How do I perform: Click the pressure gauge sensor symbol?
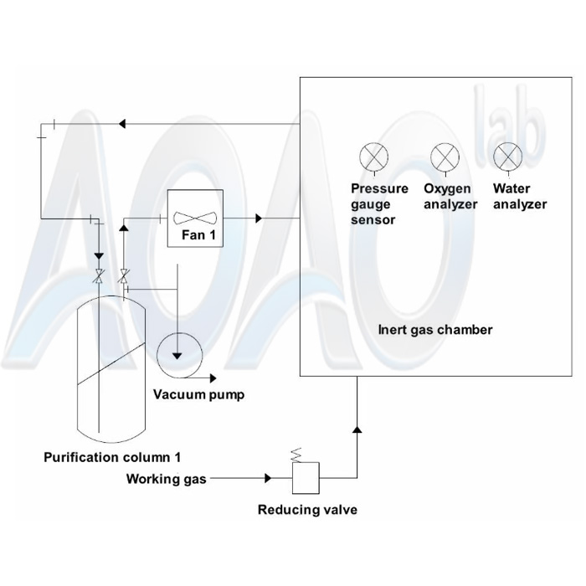click(372, 156)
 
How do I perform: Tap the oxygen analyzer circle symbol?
click(443, 156)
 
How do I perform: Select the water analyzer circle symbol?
click(506, 156)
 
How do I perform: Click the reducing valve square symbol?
click(301, 480)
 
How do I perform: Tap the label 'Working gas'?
click(166, 479)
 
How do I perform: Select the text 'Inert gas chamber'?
click(434, 329)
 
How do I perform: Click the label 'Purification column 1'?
click(112, 457)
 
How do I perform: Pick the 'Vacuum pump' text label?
click(199, 393)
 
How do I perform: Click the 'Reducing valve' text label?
click(307, 509)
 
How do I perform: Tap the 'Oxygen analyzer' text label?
click(447, 197)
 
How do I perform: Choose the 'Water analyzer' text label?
click(519, 197)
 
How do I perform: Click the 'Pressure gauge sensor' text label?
click(379, 204)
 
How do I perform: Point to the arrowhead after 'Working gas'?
click(268, 479)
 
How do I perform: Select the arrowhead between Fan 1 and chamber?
click(258, 218)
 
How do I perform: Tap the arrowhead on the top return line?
click(123, 124)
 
